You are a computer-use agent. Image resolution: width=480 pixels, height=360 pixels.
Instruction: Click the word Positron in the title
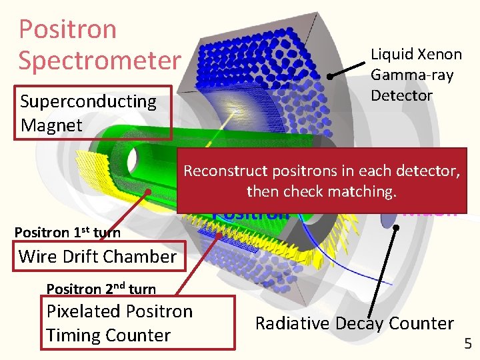pos(67,29)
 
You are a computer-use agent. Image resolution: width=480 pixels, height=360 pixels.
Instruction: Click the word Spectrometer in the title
pos(99,60)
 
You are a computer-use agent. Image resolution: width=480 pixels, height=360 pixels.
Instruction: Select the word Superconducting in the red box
pos(88,101)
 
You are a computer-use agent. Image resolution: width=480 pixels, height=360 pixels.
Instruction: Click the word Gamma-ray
pos(412,75)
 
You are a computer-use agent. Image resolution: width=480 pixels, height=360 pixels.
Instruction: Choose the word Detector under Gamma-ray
pos(401,95)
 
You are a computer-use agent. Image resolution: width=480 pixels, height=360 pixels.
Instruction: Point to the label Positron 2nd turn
pos(101,289)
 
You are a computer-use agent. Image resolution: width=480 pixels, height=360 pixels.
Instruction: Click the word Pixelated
pos(87,311)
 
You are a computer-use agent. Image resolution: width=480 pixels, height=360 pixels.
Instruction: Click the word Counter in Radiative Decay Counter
pos(422,323)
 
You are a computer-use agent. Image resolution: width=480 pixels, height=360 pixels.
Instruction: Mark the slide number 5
pos(467,344)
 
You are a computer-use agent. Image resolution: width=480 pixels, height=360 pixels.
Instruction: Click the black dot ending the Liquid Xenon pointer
pos(330,77)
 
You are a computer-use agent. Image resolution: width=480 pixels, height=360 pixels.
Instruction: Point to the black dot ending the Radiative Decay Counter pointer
pos(395,227)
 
